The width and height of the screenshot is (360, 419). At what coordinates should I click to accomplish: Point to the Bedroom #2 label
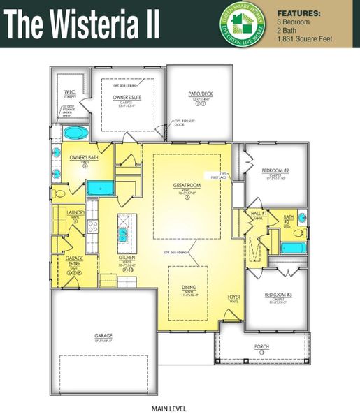click(x=275, y=171)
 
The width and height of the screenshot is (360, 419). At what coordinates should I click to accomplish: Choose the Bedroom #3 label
click(x=278, y=295)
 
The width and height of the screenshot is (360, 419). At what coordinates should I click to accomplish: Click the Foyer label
click(x=233, y=297)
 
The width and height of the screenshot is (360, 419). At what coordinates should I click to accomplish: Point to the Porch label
click(x=261, y=346)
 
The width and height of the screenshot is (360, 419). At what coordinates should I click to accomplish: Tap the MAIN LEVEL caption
click(x=168, y=408)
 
